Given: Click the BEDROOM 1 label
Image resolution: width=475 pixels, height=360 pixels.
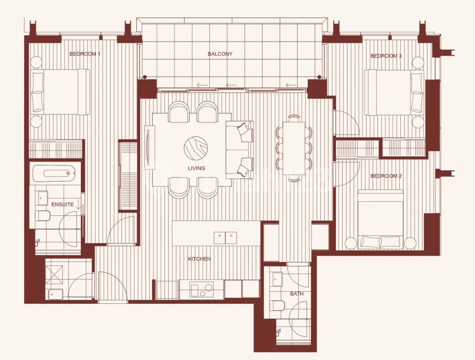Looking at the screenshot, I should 85,54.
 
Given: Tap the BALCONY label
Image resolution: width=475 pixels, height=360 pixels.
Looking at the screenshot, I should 220,54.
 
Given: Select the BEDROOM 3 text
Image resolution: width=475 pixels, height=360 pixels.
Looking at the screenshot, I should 386,56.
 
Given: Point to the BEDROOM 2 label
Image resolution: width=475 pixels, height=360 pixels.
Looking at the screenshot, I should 386,176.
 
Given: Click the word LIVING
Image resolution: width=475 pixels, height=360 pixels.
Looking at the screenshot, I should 196,168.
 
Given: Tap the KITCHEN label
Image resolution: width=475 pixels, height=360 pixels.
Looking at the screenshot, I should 199,259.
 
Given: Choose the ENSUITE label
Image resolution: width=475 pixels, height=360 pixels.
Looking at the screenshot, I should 63,205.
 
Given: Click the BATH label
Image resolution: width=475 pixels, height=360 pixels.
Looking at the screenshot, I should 297,294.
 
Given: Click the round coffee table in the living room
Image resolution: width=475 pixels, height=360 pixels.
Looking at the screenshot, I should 196,147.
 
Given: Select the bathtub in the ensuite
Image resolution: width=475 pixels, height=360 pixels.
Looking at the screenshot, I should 54,173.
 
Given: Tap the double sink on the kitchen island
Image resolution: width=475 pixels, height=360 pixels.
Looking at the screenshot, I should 226,237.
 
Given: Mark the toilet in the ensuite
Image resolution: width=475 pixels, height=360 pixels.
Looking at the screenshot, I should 43,215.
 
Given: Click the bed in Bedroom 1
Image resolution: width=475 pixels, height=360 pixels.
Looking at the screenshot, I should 60,92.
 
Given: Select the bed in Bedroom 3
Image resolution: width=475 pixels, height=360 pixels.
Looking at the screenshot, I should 394,92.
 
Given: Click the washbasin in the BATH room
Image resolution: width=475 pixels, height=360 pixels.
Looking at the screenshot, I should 277,279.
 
